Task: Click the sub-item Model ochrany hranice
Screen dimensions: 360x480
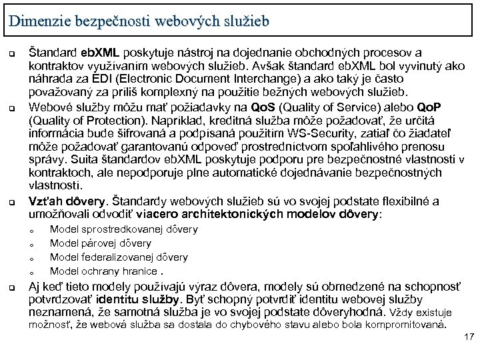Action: click(x=103, y=271)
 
